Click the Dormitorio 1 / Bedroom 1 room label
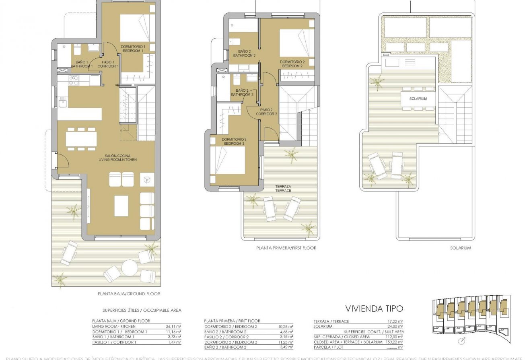(x=133, y=49)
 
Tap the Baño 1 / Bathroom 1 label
(x=82, y=64)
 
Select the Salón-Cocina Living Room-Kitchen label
(x=117, y=157)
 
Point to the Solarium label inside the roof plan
(x=418, y=99)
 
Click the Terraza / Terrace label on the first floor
(x=283, y=188)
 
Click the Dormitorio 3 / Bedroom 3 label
(x=234, y=141)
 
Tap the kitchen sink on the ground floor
(x=63, y=103)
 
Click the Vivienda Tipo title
(x=374, y=309)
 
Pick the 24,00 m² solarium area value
(x=397, y=326)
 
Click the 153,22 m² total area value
(x=396, y=341)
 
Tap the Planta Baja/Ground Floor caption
(x=129, y=294)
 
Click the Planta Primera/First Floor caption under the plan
(x=286, y=248)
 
